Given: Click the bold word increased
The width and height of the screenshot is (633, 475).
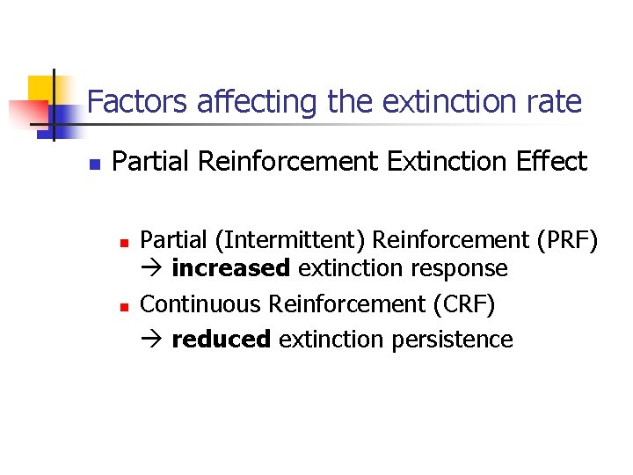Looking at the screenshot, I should point(230,268).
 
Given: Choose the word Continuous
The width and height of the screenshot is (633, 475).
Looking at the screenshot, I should point(201,304).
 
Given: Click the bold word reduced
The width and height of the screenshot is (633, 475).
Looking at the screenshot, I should point(222,340).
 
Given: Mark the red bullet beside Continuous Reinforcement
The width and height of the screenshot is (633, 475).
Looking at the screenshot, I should point(124,306).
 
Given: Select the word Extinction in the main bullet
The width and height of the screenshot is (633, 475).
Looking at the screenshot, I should point(425,162).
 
